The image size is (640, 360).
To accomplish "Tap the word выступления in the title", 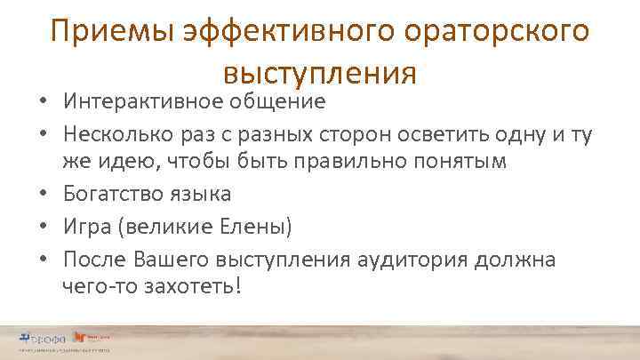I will [320, 69].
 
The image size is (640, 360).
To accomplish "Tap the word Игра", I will [88, 227].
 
